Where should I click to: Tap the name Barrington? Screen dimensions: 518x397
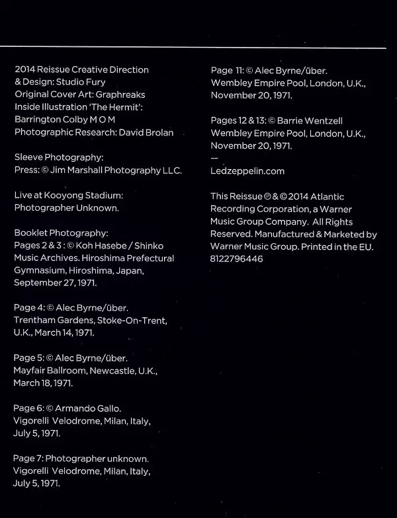tap(40, 120)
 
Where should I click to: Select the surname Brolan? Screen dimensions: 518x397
tap(157, 132)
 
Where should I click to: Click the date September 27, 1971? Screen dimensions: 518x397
tap(56, 283)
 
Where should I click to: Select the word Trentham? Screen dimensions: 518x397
tap(36, 320)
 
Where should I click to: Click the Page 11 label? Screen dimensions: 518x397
tap(227, 69)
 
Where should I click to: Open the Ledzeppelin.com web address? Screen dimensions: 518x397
tap(247, 171)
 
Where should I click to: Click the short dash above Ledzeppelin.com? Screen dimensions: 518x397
tap(214, 158)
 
